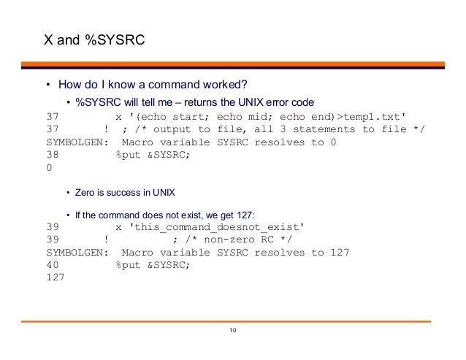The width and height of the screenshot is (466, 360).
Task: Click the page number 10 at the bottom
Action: tap(232, 333)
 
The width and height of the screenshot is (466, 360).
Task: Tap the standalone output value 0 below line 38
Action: tap(49, 167)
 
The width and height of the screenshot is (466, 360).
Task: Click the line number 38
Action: tap(52, 155)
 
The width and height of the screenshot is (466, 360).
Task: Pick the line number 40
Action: tap(52, 265)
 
